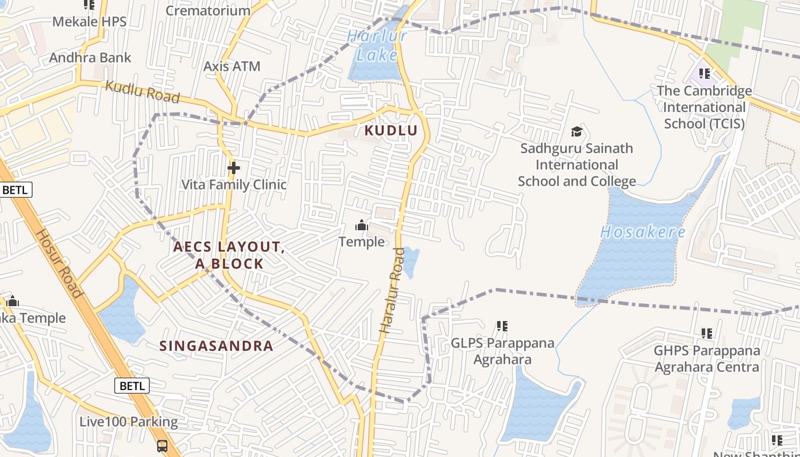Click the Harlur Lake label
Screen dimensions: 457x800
pos(377,46)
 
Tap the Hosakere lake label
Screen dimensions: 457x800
pos(643,232)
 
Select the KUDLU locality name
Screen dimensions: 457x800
pos(391,131)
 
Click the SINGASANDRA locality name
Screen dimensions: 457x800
pos(217,346)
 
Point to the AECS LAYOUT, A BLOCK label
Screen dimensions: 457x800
pos(229,255)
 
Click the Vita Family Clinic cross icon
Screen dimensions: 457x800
pos(233,168)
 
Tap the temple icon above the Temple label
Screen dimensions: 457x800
pos(361,226)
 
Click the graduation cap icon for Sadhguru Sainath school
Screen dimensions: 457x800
pos(577,132)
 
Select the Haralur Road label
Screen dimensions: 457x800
pos(392,298)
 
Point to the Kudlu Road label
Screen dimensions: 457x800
pos(143,93)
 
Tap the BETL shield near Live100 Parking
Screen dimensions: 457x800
pos(132,386)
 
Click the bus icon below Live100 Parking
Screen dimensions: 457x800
pos(162,445)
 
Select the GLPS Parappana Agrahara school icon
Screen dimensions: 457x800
pos(502,326)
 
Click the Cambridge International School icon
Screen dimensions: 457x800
pos(705,74)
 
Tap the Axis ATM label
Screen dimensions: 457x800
pos(232,66)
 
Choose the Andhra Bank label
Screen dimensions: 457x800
pos(90,58)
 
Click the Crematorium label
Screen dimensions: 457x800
pos(208,10)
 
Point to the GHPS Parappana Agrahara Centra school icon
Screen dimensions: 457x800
pos(707,333)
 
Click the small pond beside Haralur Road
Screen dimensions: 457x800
pos(411,262)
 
